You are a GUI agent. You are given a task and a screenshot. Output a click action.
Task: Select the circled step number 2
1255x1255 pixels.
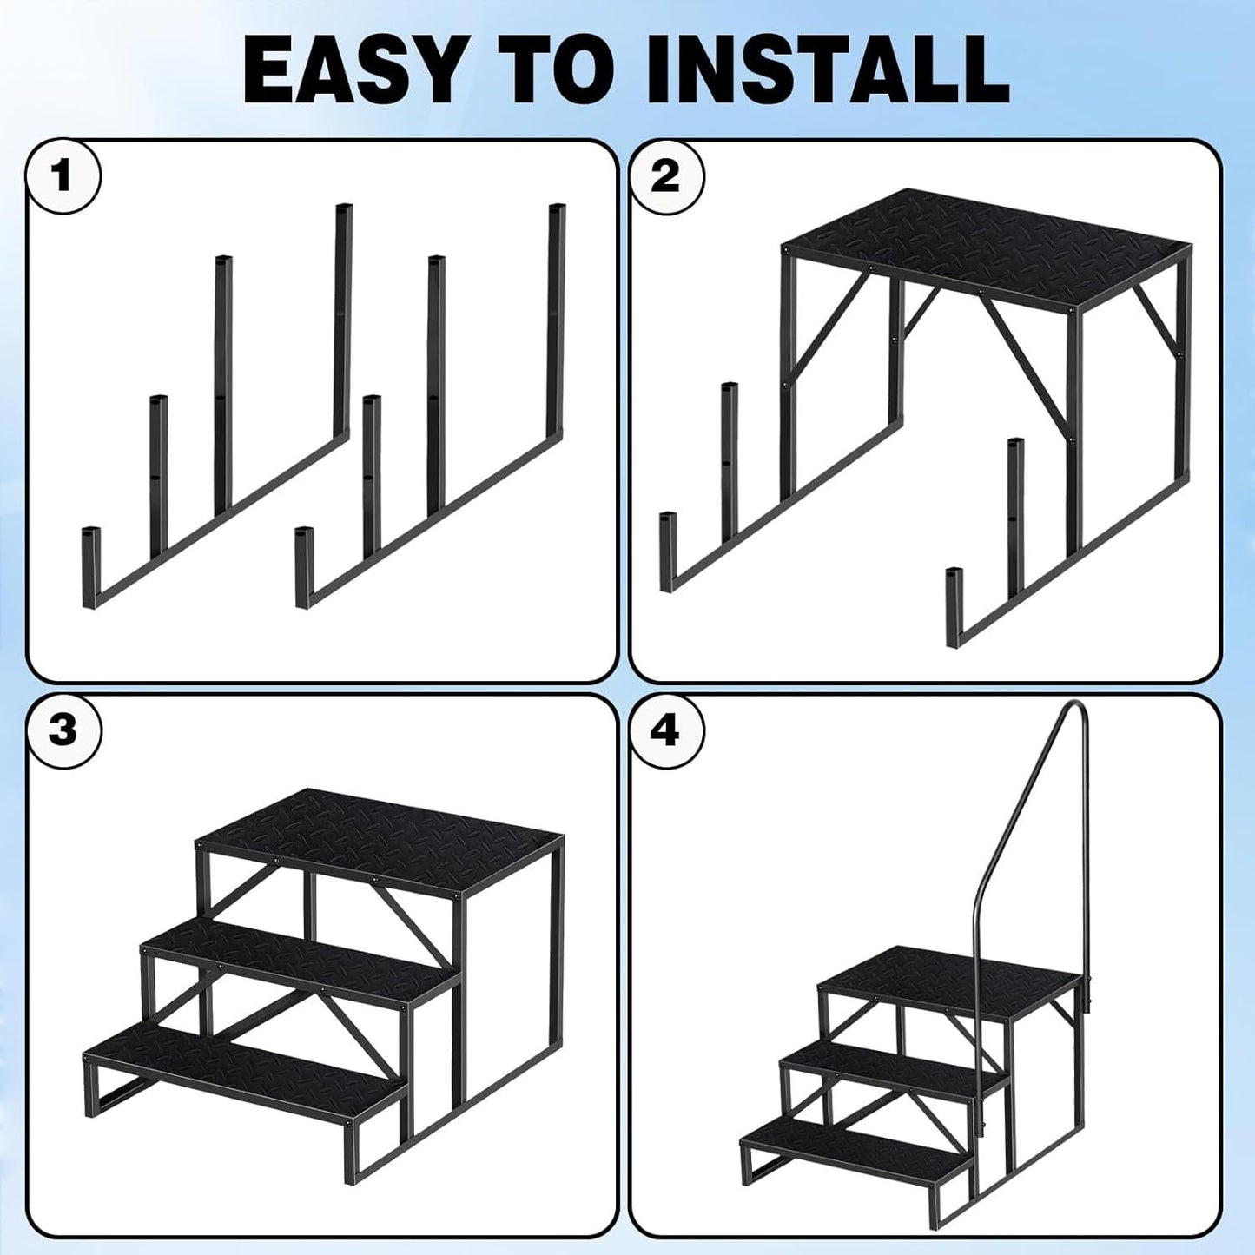(665, 177)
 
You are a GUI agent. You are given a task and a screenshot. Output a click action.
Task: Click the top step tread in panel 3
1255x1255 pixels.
(380, 840)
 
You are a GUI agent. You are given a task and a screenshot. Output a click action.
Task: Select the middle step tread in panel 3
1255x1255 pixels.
(300, 960)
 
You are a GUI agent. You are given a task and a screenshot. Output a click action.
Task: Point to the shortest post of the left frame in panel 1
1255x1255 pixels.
(89, 565)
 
